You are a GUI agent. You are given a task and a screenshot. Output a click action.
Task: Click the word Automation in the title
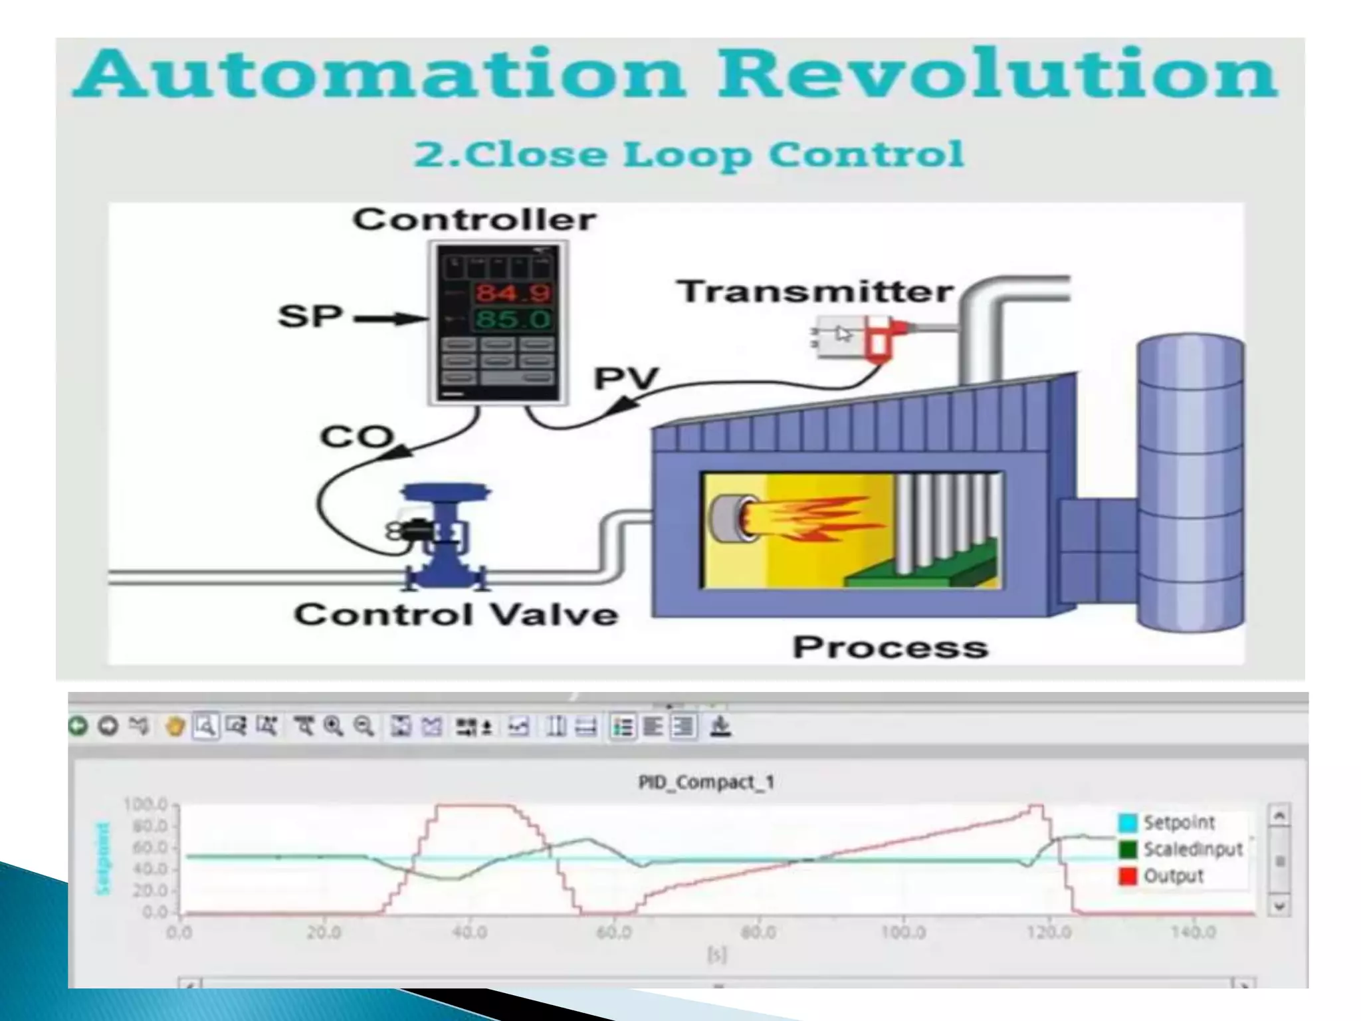[379, 74]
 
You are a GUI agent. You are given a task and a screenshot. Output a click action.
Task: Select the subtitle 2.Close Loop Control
[688, 154]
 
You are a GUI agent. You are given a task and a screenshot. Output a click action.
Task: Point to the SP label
[310, 316]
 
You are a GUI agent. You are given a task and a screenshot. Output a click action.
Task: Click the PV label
[625, 379]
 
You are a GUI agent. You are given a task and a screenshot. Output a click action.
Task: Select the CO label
[356, 437]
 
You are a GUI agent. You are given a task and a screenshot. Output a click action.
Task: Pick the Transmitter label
[815, 292]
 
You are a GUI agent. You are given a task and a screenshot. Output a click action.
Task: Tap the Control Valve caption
[456, 614]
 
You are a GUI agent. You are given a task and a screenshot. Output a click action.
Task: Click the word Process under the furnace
[890, 647]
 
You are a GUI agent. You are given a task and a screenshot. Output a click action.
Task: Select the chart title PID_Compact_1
[706, 782]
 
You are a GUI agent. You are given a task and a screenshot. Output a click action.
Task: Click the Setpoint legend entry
[1179, 823]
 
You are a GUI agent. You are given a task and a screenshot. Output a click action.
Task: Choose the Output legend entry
[1174, 876]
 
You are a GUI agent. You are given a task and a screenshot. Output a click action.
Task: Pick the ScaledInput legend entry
[1192, 850]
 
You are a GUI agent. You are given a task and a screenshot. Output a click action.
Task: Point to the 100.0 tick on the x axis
[903, 933]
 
